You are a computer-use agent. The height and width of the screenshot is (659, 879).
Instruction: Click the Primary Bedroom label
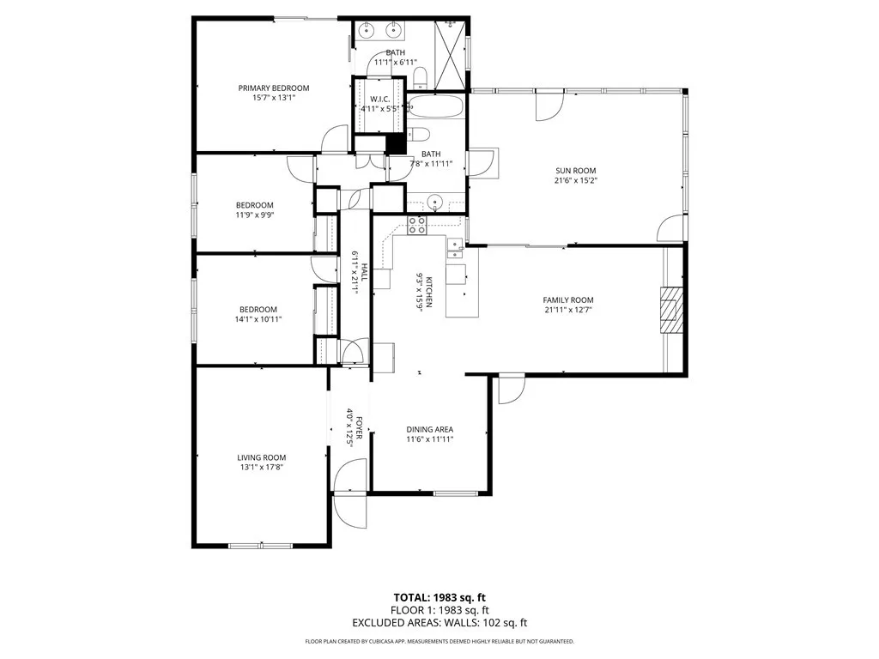pyautogui.click(x=273, y=88)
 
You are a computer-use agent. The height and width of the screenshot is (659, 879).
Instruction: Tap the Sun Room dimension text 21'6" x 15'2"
pyautogui.click(x=575, y=181)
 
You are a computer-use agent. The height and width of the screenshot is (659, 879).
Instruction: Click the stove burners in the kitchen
pyautogui.click(x=417, y=226)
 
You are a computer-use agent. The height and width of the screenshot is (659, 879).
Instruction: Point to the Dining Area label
pyautogui.click(x=429, y=429)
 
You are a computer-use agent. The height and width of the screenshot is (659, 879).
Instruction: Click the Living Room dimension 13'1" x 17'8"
pyautogui.click(x=262, y=468)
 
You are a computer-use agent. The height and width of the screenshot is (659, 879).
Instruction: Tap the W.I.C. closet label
pyautogui.click(x=380, y=99)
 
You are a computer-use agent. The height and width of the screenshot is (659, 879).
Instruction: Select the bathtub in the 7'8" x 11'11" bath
pyautogui.click(x=435, y=107)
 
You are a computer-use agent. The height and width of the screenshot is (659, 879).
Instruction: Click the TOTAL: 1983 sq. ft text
pyautogui.click(x=439, y=596)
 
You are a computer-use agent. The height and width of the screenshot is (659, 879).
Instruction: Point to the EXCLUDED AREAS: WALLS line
pyautogui.click(x=439, y=622)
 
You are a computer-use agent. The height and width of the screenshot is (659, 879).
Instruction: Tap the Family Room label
pyautogui.click(x=568, y=299)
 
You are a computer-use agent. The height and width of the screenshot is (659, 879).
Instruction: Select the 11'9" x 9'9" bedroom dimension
pyautogui.click(x=255, y=215)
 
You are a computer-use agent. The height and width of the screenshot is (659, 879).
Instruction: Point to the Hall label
pyautogui.click(x=363, y=273)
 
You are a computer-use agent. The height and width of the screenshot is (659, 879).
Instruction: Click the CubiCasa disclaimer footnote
pyautogui.click(x=439, y=641)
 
